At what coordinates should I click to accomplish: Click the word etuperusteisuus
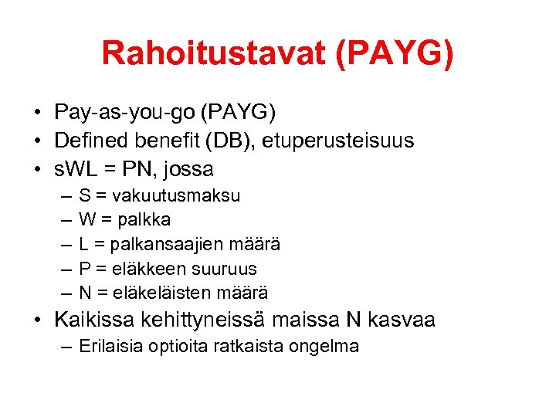pos(349,141)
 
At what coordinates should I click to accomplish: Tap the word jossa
pos(188,168)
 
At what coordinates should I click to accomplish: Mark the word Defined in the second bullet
pos(87,141)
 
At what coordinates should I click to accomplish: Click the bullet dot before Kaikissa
pos(38,320)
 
